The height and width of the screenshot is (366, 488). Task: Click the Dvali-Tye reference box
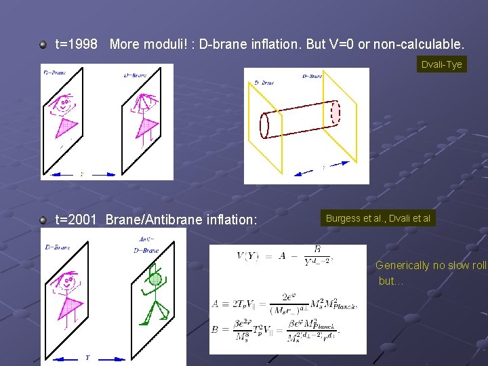click(441, 64)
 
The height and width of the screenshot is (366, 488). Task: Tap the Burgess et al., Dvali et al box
click(378, 218)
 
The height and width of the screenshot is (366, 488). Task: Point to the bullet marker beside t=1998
click(43, 45)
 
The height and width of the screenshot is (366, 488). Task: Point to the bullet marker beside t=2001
click(43, 220)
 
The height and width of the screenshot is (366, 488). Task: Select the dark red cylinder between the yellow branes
click(298, 119)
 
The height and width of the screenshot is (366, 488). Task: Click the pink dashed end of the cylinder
click(335, 113)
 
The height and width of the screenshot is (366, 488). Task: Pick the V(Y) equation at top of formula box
click(284, 256)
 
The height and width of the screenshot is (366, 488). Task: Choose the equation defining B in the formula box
click(285, 329)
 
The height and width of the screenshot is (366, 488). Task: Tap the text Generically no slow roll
click(431, 265)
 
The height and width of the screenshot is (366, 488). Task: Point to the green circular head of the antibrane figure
click(155, 279)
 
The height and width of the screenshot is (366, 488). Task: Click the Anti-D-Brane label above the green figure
click(146, 245)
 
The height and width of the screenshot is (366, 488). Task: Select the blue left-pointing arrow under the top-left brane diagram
click(63, 174)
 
